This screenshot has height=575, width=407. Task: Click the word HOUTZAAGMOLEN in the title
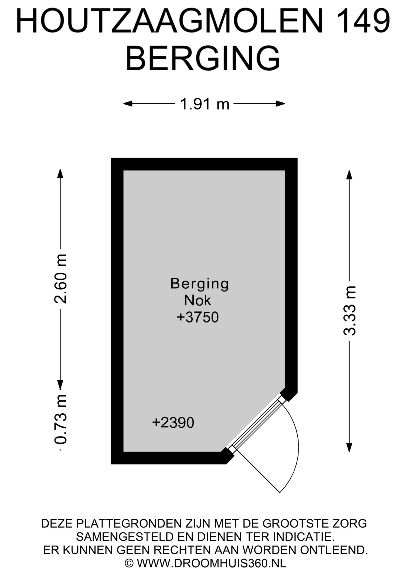[170, 21]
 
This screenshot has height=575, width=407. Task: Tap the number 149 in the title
[363, 21]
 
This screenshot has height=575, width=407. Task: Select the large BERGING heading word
[203, 58]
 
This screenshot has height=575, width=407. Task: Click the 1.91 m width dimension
[204, 104]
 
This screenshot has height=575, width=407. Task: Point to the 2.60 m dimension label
[61, 279]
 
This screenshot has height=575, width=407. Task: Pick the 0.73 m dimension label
[61, 419]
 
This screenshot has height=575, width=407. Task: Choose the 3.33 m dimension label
[349, 311]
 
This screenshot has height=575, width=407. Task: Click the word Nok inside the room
[198, 300]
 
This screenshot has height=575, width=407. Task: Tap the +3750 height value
[198, 317]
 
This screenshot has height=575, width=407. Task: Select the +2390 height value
[173, 423]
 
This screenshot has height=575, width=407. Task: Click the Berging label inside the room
[199, 284]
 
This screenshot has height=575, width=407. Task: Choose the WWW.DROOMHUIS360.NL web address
[212, 563]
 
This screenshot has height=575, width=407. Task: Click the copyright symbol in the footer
[129, 563]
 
